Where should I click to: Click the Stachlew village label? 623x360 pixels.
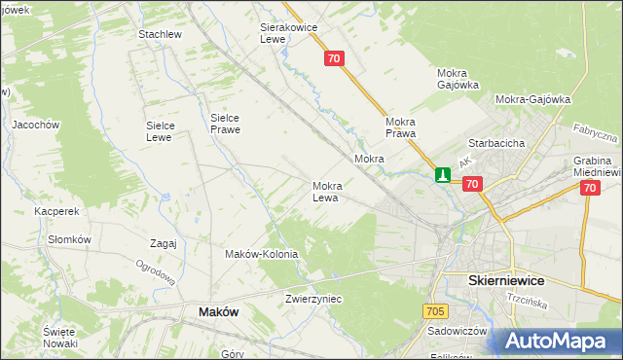161,34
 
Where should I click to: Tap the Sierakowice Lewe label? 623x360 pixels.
289,34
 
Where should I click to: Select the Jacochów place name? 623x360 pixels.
36,125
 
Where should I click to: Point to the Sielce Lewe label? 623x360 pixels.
159,130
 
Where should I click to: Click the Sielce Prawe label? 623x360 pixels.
225,124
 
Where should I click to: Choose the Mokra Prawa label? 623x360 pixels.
401,127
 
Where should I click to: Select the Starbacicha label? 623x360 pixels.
496,143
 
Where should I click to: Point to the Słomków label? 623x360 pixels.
69,239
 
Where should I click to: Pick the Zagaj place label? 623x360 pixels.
164,243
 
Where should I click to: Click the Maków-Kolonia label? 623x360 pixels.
261,254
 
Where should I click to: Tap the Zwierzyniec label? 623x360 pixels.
313,299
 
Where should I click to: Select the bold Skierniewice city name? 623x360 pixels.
506,280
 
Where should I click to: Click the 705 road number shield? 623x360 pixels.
435,310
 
